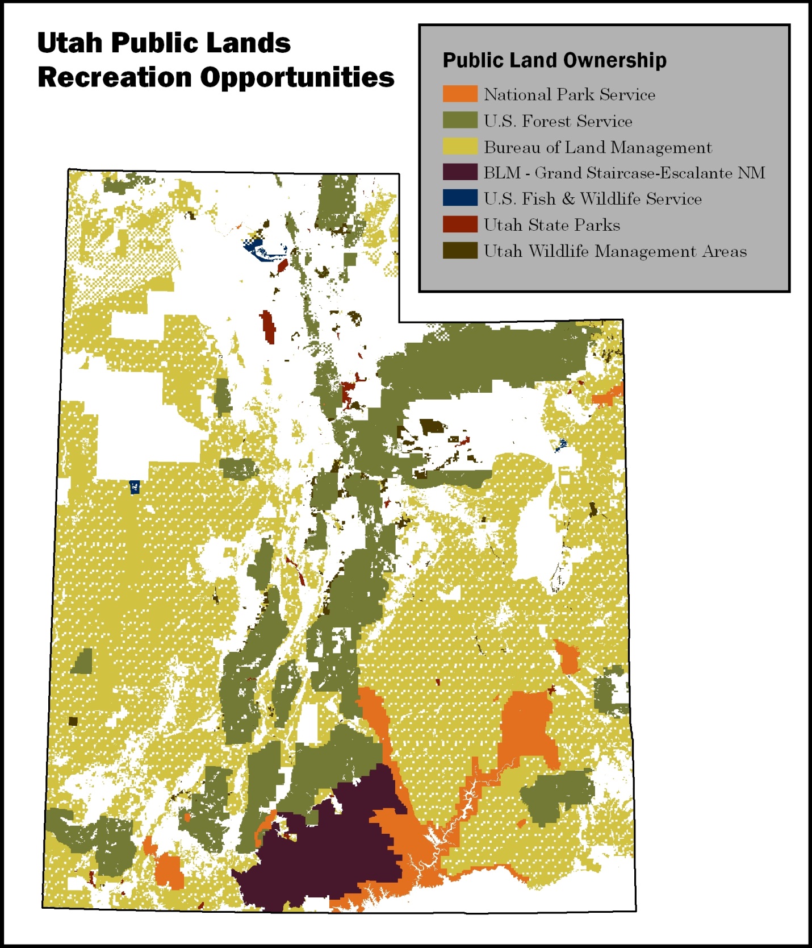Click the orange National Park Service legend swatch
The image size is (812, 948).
460,94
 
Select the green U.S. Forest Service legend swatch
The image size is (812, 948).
460,120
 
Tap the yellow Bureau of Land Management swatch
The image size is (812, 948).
460,146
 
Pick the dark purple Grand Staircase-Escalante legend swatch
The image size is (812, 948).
460,172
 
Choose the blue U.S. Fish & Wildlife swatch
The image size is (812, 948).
460,198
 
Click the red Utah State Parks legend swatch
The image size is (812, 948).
460,224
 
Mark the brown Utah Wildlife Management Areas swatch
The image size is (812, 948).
460,250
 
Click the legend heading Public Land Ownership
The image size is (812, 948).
554,60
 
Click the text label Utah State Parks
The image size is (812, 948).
551,225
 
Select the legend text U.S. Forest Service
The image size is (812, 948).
558,121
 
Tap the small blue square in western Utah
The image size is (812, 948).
135,487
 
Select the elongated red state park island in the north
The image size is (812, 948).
268,327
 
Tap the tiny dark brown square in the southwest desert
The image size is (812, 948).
73,721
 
